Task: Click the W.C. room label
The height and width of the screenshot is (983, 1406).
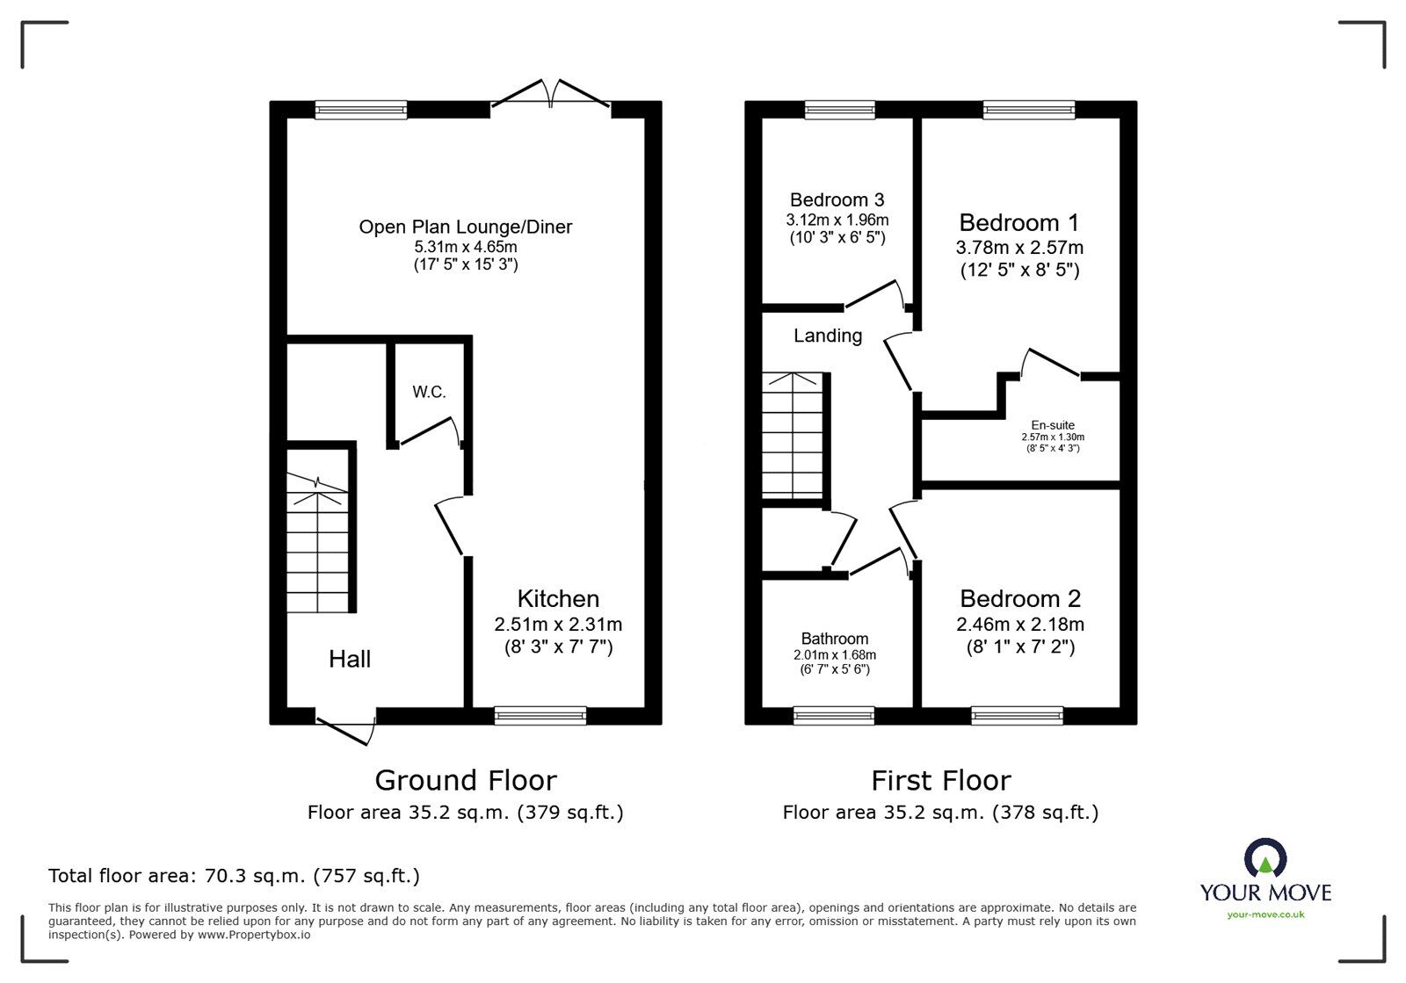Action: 429,392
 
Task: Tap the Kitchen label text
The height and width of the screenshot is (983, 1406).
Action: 558,599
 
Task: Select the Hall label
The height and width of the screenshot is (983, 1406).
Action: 350,659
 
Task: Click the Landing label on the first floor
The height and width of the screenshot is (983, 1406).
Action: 827,336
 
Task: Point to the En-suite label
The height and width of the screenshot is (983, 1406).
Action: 1053,425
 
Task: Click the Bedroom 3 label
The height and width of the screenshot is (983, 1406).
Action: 837,200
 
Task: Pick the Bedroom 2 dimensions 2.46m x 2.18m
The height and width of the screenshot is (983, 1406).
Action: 1019,625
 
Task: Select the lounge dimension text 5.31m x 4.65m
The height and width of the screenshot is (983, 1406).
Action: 465,247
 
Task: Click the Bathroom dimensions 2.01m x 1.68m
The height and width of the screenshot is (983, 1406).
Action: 834,654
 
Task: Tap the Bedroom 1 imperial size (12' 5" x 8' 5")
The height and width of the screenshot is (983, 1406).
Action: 1019,271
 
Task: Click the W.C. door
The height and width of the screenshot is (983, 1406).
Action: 429,430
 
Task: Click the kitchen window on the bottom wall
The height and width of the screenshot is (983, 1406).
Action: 540,716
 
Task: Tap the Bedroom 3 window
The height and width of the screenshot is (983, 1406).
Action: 839,110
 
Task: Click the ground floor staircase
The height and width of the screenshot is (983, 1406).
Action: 318,545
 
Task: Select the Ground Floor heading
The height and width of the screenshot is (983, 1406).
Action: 465,780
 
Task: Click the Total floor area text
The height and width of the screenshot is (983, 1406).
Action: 234,876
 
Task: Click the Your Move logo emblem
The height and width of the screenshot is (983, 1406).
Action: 1265,859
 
